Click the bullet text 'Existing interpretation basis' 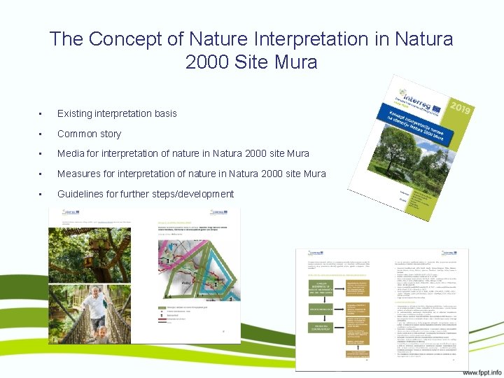[117, 113]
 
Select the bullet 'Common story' [89, 134]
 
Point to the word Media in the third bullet [71, 153]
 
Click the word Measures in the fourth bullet [79, 174]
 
